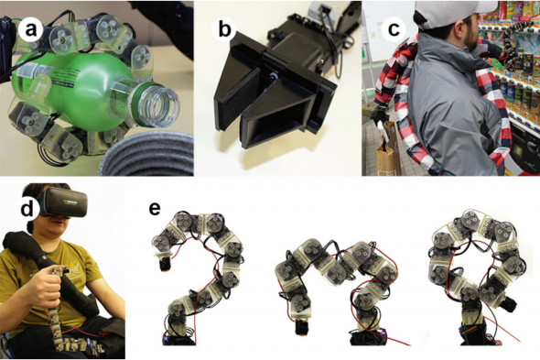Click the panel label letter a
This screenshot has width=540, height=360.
[30, 30]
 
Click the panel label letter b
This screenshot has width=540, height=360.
[224, 29]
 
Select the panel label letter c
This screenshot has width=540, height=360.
[394, 29]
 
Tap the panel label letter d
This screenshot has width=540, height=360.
[27, 209]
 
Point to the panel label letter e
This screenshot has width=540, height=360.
[155, 209]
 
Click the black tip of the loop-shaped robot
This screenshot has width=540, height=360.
[508, 306]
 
